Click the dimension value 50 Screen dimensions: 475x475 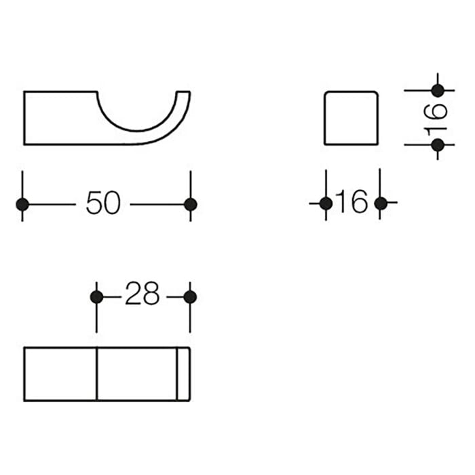point(103,204)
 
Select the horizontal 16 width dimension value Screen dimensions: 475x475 point(351,202)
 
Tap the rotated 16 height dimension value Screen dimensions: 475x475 point(438,117)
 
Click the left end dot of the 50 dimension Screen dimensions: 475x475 point(22,204)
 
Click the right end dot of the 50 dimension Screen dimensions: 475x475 point(190,204)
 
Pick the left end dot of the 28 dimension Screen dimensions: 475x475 point(96,297)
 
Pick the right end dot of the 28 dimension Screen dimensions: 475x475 point(190,297)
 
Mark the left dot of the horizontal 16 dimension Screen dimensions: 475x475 point(326,203)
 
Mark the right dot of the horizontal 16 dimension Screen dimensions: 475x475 point(380,203)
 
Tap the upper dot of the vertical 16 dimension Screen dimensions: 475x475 point(438,90)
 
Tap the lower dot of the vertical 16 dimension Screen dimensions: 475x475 point(438,145)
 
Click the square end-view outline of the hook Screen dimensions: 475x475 point(350,117)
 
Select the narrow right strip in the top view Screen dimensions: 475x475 point(183,374)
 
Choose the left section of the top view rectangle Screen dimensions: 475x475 point(60,374)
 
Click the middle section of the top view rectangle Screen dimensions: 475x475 point(136,374)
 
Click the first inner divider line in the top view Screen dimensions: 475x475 point(96,374)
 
